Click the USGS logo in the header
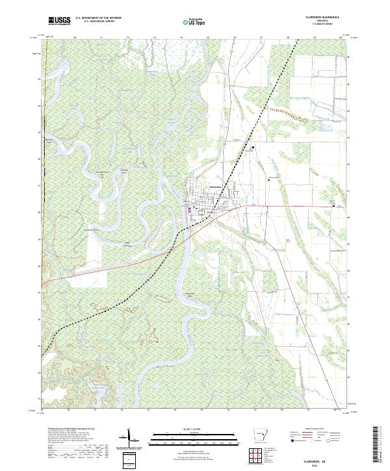pos(58,21)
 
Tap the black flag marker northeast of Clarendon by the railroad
pos(253,148)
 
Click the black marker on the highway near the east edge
pos(334,206)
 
